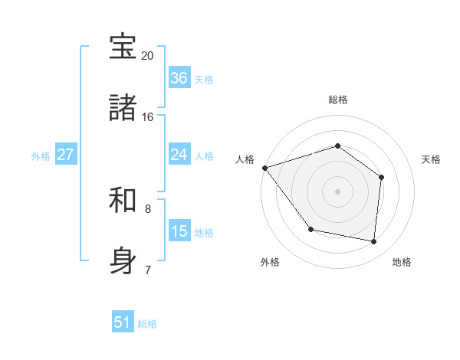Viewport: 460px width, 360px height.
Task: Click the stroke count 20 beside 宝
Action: point(147,56)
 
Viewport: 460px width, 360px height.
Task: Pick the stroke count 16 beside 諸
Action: point(147,117)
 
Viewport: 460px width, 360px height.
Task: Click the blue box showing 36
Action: point(179,77)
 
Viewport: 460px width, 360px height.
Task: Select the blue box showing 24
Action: point(179,154)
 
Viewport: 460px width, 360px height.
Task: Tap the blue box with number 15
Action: point(179,231)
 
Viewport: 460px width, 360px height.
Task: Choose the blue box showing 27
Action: point(66,154)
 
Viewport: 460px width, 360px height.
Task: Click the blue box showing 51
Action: point(123,322)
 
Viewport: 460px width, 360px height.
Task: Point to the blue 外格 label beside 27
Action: point(41,155)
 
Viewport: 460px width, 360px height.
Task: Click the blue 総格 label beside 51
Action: point(147,324)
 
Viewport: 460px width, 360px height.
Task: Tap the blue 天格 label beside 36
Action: point(204,79)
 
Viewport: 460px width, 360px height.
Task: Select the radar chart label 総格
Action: point(337,100)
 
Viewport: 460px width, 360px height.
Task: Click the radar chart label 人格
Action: point(245,159)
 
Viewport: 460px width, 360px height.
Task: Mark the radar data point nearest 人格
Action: point(264,168)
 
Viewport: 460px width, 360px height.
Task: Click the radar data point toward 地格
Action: point(374,241)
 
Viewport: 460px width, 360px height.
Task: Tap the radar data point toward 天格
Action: point(381,177)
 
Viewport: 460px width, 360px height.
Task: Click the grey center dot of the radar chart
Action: point(337,191)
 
